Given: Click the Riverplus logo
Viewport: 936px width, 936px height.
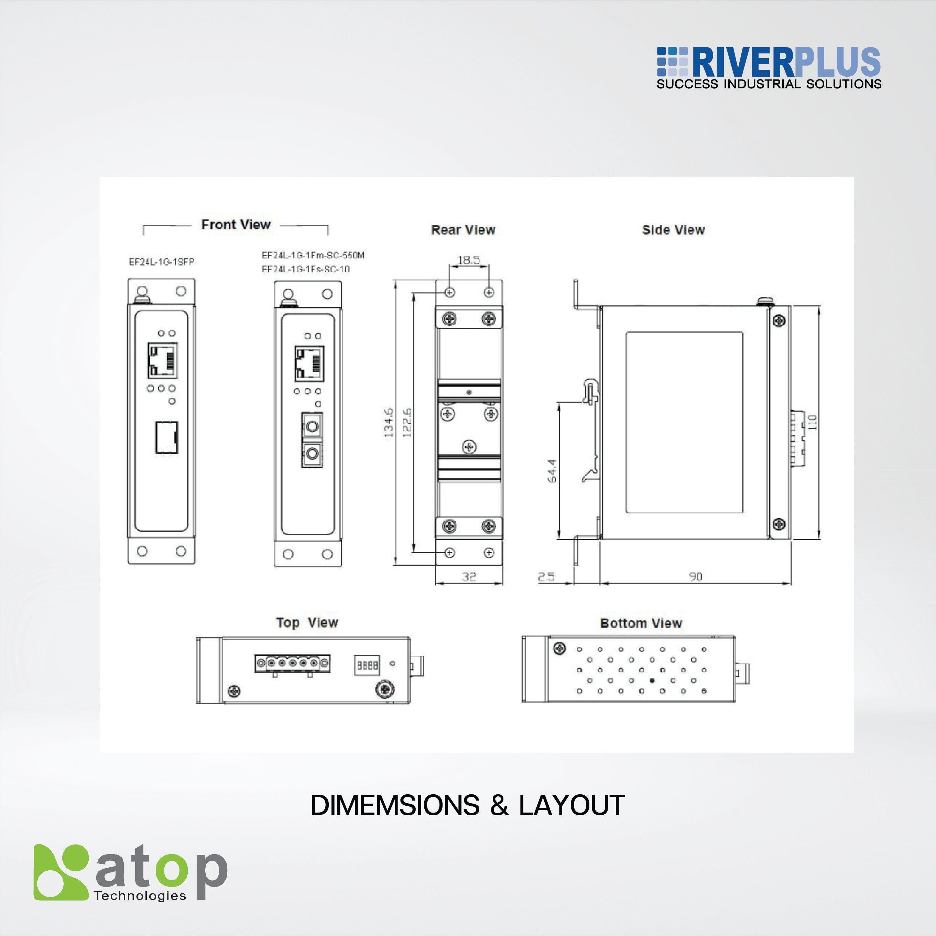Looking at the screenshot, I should point(769,68).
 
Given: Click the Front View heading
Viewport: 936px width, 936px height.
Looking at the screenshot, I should point(236,225).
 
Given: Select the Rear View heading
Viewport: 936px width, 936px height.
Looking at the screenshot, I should point(463,230).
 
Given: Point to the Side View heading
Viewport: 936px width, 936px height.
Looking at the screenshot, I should point(673,230).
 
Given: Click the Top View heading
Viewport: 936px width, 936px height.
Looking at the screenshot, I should point(307,622).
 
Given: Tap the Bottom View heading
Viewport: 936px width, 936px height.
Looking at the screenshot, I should point(641,623).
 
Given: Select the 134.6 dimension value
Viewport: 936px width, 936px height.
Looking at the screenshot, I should point(389,423).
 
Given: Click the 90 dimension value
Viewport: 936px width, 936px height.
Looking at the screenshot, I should point(695,577).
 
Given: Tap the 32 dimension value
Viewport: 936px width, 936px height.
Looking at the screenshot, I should point(469,577).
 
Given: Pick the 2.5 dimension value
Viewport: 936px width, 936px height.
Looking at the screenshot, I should point(546,577).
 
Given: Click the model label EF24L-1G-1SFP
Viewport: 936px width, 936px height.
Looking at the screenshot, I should point(161,262).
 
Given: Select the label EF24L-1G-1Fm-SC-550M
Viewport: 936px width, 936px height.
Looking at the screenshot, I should point(313,255).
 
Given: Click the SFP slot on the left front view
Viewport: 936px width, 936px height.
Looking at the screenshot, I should point(166,437).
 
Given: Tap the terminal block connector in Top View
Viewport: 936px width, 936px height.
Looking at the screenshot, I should point(292,663).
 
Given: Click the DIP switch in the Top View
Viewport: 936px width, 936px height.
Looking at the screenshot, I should point(367,665).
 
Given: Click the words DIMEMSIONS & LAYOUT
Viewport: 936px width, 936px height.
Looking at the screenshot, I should point(468,806).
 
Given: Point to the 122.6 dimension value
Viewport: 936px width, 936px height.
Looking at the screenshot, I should point(407,423).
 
